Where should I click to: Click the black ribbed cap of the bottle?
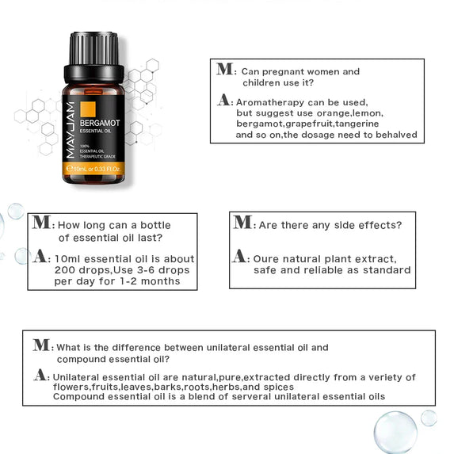point(93,57)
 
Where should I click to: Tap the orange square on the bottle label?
point(88,109)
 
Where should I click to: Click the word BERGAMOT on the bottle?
point(100,123)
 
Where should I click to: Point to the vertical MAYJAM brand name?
point(71,130)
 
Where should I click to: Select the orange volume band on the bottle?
point(93,169)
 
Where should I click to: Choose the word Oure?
point(265,259)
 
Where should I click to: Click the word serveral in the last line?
point(251,396)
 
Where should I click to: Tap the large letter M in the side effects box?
point(242,222)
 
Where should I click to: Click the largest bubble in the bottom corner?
point(395,433)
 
